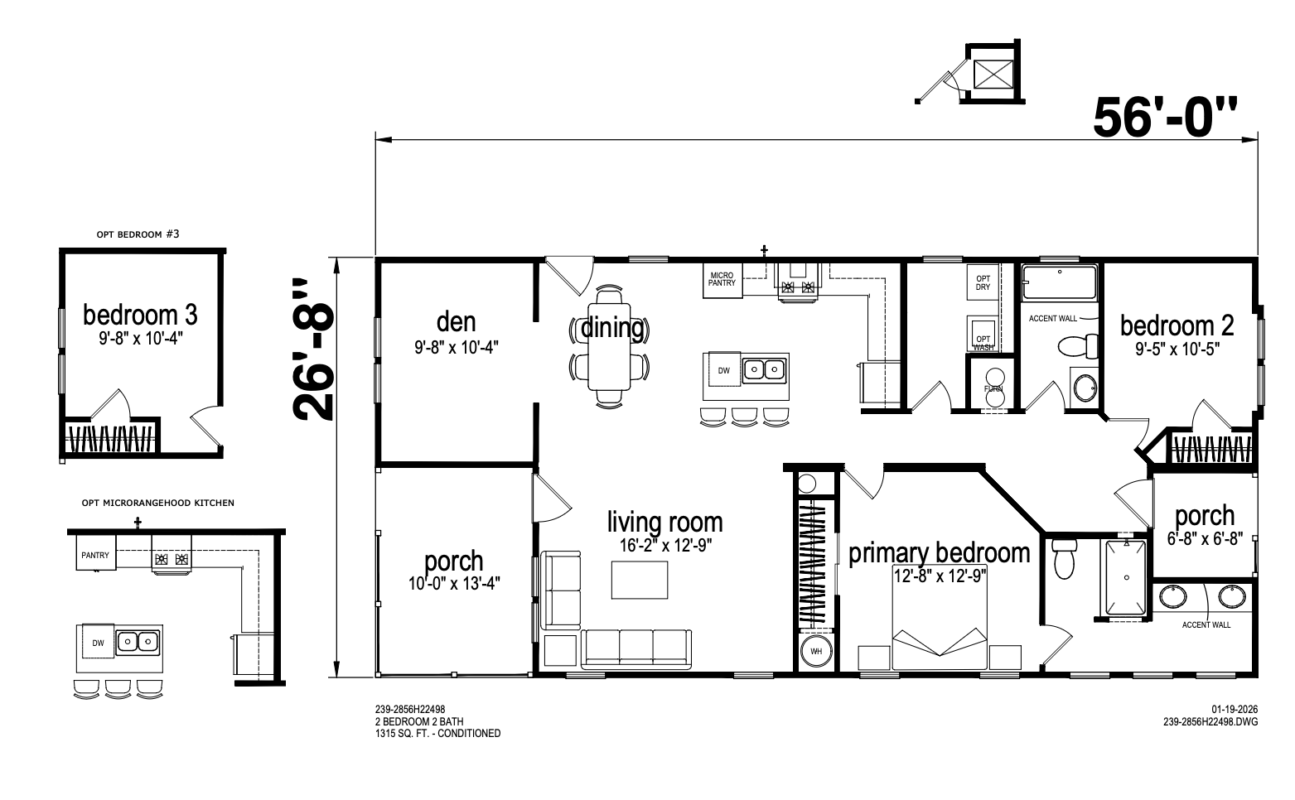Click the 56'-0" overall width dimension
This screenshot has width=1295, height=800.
coord(1164,118)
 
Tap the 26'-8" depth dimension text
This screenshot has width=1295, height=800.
coord(314,349)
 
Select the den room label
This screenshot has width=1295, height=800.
coord(457,322)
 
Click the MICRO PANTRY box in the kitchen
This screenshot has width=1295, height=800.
coord(722,281)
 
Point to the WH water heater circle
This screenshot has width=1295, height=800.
coord(816,652)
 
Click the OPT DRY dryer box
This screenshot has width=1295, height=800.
coord(983,282)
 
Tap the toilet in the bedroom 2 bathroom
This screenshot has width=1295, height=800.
coord(1078,346)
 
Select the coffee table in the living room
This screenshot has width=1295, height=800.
coord(640,580)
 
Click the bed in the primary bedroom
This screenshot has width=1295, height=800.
coord(940,625)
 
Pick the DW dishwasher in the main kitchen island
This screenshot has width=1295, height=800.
coord(724,370)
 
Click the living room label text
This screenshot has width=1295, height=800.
coord(664,522)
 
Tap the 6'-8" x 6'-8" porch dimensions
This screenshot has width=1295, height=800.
coord(1205,539)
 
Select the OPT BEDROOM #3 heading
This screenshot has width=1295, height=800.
coord(138,234)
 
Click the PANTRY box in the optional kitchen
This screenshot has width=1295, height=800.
coord(95,552)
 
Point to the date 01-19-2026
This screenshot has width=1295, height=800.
coord(1235,709)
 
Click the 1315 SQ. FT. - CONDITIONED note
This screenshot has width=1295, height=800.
coord(437,734)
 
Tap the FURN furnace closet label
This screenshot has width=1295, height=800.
coord(993,389)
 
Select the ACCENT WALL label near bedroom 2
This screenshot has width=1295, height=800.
coord(1053,319)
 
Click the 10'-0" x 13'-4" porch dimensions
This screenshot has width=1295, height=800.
coord(454,583)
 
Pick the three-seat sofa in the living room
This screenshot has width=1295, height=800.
coord(636,649)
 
